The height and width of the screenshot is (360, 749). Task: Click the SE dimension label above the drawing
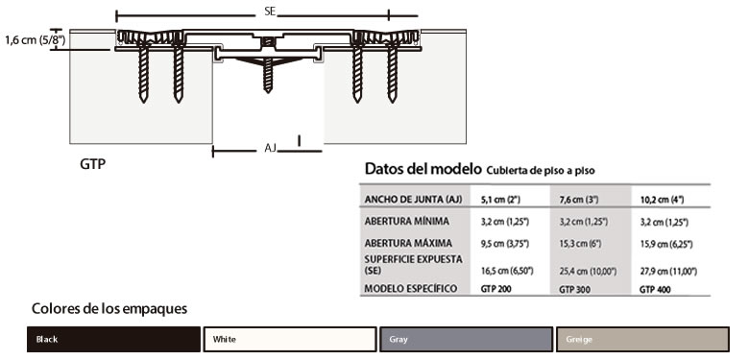[x=270, y=12]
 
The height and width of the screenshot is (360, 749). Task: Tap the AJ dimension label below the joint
[x=271, y=148]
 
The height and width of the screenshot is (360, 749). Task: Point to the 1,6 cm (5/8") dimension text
[x=36, y=40]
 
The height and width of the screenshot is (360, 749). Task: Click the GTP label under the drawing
[x=93, y=164]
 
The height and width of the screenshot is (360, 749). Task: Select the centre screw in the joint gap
[x=268, y=75]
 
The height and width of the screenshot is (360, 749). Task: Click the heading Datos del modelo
[x=423, y=169]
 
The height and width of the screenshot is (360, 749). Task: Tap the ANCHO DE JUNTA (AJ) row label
[x=413, y=200]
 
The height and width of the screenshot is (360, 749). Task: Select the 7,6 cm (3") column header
[x=578, y=200]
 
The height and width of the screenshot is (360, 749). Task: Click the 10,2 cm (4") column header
[x=662, y=200]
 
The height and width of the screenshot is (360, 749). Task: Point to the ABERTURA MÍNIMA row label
[x=406, y=222]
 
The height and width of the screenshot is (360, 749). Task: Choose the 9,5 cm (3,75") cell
[x=505, y=244]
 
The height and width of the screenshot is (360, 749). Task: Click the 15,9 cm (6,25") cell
[x=666, y=244]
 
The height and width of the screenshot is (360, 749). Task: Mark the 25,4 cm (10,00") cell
[x=588, y=272]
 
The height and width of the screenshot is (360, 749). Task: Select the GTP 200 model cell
[x=496, y=289]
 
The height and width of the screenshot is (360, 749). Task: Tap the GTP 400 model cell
[x=655, y=289]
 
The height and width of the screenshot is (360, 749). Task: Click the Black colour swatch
[x=113, y=339]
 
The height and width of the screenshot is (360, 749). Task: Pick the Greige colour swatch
[x=643, y=339]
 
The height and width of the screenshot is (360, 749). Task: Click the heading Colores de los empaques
[x=109, y=308]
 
